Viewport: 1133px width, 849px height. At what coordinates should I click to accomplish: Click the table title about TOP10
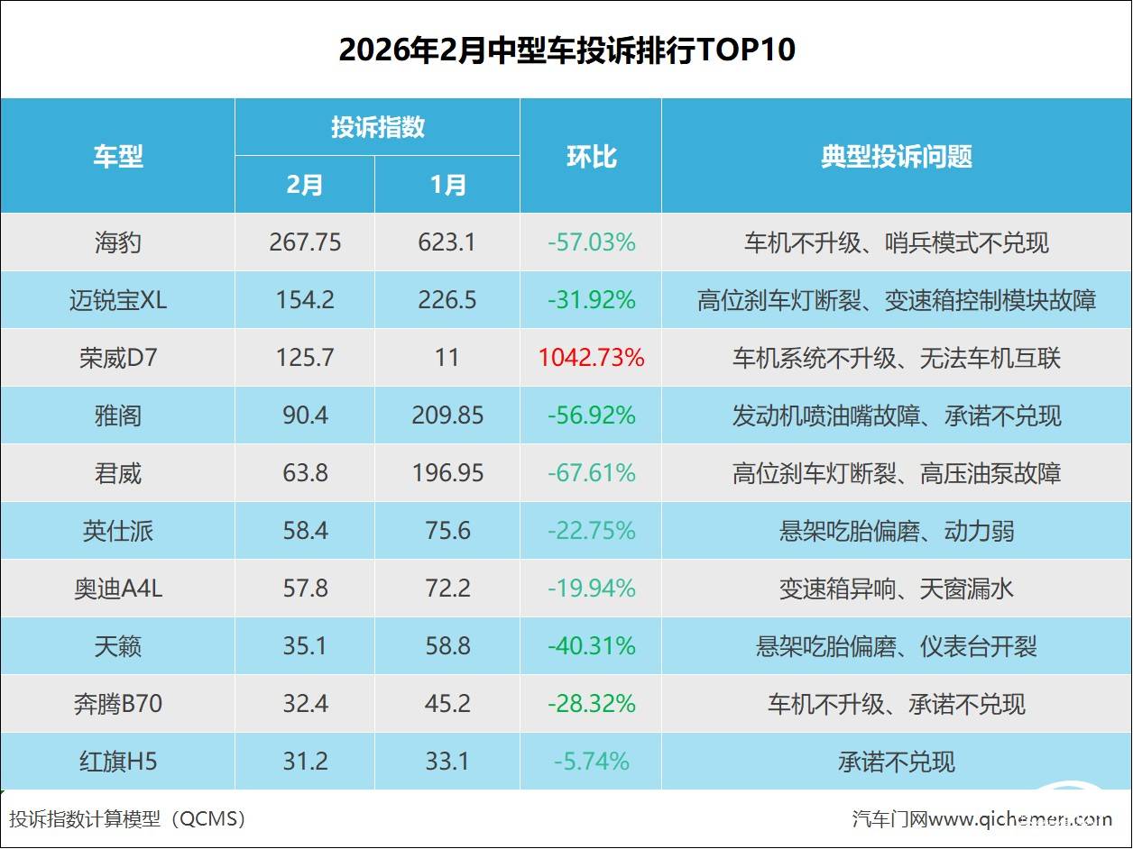pyautogui.click(x=566, y=50)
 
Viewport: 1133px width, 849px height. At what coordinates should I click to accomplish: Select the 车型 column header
pyautogui.click(x=117, y=156)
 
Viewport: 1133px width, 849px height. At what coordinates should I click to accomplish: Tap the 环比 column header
pyautogui.click(x=591, y=156)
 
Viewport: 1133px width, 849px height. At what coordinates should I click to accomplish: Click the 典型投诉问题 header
pyautogui.click(x=896, y=156)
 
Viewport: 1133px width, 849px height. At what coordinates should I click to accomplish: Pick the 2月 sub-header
pyautogui.click(x=305, y=185)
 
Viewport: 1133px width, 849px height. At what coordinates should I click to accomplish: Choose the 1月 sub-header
pyautogui.click(x=447, y=185)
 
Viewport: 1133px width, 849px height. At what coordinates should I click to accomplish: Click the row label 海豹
pyautogui.click(x=117, y=242)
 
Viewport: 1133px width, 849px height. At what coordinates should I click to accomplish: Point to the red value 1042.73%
pyautogui.click(x=591, y=358)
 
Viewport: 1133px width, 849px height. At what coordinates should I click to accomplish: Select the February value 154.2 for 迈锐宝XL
pyautogui.click(x=305, y=300)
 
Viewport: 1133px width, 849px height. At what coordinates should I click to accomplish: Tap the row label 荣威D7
pyautogui.click(x=117, y=358)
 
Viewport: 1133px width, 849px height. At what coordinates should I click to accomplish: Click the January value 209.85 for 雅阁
pyautogui.click(x=447, y=415)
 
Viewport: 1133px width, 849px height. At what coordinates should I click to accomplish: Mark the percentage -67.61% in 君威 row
pyautogui.click(x=591, y=473)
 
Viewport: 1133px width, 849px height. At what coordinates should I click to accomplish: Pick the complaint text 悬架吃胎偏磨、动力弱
pyautogui.click(x=896, y=531)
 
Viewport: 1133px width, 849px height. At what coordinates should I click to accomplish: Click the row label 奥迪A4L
pyautogui.click(x=117, y=589)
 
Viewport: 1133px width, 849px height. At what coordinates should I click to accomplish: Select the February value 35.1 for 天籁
pyautogui.click(x=305, y=646)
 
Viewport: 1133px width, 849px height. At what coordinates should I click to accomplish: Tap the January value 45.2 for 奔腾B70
pyautogui.click(x=447, y=704)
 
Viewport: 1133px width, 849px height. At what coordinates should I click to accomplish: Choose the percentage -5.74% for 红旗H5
pyautogui.click(x=591, y=762)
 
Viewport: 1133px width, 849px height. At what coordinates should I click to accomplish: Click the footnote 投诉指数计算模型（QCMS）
pyautogui.click(x=127, y=818)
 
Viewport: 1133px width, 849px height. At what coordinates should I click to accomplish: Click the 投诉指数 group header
pyautogui.click(x=377, y=127)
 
